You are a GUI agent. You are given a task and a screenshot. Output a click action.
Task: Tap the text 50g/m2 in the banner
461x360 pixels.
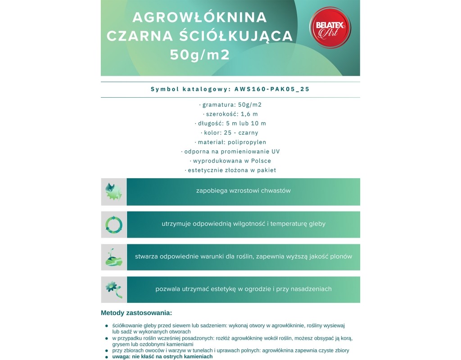(x=200, y=54)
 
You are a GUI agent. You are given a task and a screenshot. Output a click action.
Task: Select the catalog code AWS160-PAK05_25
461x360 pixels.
(x=272, y=89)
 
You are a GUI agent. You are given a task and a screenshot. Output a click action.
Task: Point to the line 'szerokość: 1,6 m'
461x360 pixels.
(x=230, y=114)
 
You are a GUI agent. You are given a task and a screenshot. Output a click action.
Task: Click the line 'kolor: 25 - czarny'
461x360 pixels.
(x=230, y=133)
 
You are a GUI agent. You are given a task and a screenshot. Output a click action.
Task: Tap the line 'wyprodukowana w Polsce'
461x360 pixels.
(x=230, y=161)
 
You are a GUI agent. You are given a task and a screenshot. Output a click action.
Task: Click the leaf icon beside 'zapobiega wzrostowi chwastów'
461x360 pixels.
(x=113, y=192)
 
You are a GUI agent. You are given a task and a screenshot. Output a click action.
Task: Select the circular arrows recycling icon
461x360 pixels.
(x=113, y=224)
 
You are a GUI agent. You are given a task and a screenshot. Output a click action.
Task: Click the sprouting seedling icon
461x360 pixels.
(x=113, y=257)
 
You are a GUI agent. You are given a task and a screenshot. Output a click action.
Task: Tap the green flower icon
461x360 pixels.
(x=113, y=289)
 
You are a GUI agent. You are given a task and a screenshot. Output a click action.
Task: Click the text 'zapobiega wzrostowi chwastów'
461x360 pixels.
(x=244, y=191)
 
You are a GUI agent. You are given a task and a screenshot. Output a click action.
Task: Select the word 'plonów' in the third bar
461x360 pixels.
(x=341, y=256)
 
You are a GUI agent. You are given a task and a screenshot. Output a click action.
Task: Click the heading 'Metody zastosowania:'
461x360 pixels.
(x=136, y=312)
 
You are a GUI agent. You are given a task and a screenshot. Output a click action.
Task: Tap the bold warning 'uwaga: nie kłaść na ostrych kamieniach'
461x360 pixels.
(x=162, y=356)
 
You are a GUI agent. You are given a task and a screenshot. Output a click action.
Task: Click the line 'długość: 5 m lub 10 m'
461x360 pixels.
(x=230, y=123)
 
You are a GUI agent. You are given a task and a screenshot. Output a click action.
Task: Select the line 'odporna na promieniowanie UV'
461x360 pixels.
(x=230, y=151)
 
